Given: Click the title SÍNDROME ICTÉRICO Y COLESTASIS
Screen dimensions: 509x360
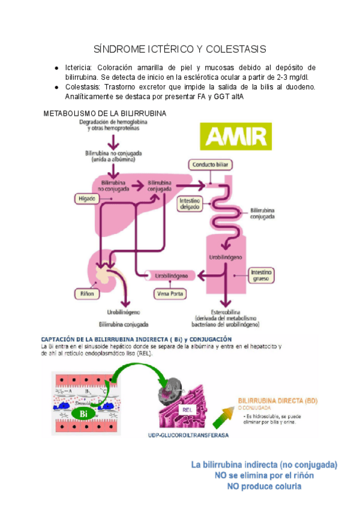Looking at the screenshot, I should (180, 49).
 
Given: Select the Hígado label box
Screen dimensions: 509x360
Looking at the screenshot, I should (86, 197).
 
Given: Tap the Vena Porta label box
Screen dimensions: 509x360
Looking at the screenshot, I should (170, 294).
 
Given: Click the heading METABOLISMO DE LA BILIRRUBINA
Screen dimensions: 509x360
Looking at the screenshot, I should (105, 113).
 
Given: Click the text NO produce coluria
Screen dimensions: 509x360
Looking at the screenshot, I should (264, 487).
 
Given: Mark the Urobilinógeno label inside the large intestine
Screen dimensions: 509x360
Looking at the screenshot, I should (226, 256).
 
